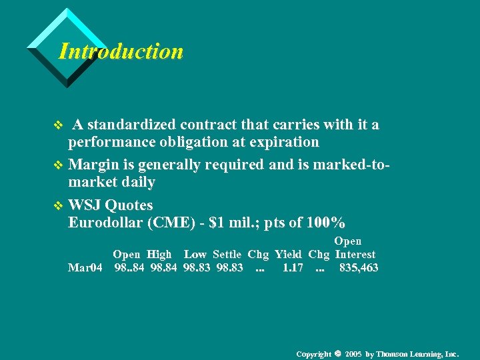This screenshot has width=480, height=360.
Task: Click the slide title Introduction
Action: click(121, 51)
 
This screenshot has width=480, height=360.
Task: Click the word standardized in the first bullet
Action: click(127, 125)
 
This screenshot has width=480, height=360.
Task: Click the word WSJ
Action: click(85, 205)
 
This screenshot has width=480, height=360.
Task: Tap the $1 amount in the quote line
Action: click(215, 223)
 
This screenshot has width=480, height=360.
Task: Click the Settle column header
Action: click(227, 254)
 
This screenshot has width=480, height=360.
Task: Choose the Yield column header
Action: click(289, 254)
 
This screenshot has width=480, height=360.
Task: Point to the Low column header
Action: click(195, 254)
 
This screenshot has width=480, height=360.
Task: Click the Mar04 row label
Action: click(85, 268)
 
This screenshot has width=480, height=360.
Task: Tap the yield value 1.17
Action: click(293, 268)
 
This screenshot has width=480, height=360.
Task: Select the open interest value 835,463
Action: click(359, 268)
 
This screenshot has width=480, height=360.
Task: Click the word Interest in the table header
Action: click(355, 254)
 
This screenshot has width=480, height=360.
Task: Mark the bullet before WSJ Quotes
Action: click(57, 205)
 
